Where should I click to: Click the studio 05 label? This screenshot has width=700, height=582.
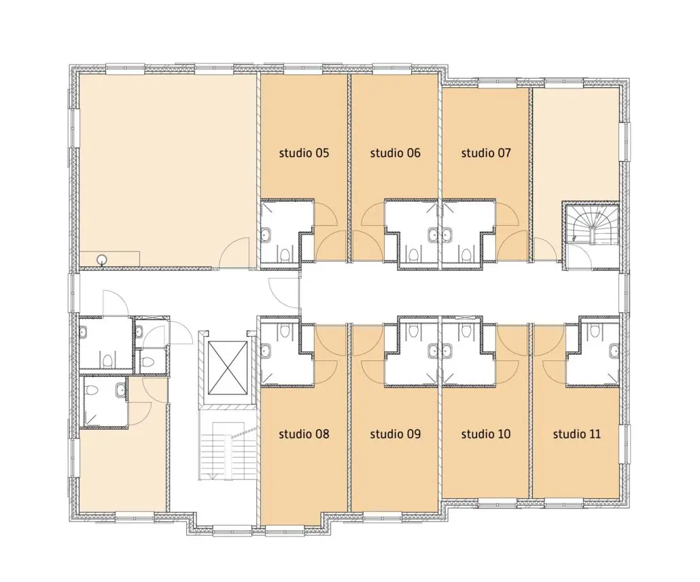click(304, 153)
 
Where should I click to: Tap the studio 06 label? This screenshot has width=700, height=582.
click(395, 153)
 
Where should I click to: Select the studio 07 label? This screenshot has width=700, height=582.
click(486, 153)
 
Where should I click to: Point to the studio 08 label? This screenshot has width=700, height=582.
click(304, 434)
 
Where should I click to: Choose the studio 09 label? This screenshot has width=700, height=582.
click(395, 434)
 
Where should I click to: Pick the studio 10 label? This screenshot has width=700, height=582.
click(486, 434)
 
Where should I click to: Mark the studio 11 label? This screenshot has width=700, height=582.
click(577, 434)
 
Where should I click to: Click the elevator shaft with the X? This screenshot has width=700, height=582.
click(228, 368)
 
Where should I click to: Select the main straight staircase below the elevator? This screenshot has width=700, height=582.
click(228, 451)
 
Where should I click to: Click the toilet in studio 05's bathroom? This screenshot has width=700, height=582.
click(284, 255)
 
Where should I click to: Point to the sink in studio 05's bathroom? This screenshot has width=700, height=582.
click(265, 235)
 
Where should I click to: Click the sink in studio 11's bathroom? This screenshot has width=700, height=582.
click(614, 351)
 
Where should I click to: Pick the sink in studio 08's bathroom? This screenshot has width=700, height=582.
click(265, 351)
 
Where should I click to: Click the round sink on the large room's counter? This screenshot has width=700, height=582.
click(103, 258)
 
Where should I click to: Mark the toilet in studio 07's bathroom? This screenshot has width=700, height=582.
click(466, 255)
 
